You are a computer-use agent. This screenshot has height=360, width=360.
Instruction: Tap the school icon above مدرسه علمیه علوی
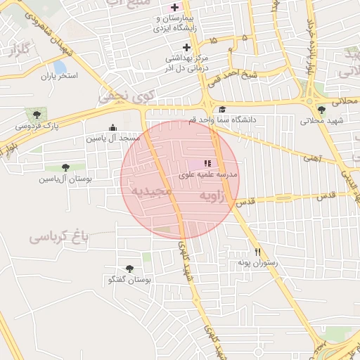click(x=207, y=162)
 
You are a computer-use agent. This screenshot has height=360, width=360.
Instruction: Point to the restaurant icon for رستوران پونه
click(x=258, y=252)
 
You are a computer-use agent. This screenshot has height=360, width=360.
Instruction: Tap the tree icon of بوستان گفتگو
click(x=129, y=269)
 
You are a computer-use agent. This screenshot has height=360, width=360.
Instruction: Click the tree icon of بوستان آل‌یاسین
click(x=65, y=167)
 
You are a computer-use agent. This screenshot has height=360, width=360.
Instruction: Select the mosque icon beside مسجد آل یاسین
click(x=112, y=127)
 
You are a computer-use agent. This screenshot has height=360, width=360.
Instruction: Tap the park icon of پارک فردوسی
click(x=35, y=115)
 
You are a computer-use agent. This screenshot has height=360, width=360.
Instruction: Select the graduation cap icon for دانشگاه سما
click(x=222, y=110)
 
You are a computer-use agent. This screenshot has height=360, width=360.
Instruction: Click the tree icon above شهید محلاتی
click(x=321, y=110)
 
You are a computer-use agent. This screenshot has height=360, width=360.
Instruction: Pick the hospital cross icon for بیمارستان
click(x=175, y=8)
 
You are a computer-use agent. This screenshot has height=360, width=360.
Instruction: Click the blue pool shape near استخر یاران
click(x=53, y=67)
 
